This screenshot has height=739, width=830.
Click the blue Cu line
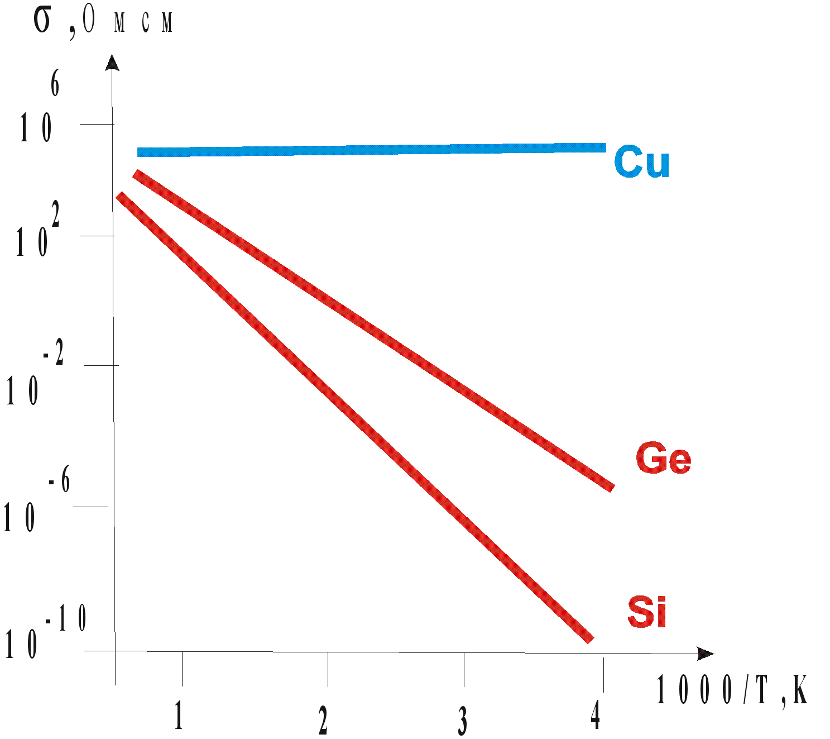[371, 150]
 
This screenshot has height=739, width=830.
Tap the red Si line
[354, 417]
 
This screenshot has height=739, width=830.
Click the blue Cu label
[641, 162]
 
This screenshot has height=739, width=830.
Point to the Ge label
[663, 459]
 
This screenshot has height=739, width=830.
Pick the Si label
[647, 612]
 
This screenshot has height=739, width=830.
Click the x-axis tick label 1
[179, 716]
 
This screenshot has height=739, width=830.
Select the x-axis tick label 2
[323, 720]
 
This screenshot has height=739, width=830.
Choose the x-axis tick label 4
[596, 715]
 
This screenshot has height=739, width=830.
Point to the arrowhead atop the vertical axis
[113, 62]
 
